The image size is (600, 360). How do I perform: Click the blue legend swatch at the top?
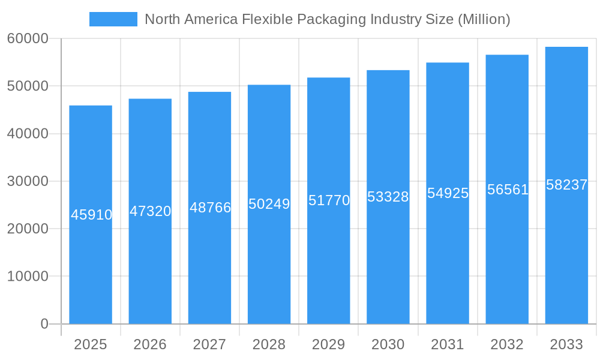[113, 19]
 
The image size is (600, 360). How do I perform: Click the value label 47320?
[150, 211]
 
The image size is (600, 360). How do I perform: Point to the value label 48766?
[210, 208]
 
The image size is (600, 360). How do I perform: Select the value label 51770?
[329, 200]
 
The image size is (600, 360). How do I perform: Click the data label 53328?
[388, 197]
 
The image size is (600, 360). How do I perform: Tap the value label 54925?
[448, 193]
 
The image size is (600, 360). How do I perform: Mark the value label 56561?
[508, 190]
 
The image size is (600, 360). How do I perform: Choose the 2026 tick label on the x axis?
[150, 344]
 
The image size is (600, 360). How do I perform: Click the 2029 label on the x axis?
[329, 344]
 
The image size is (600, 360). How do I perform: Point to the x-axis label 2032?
[507, 344]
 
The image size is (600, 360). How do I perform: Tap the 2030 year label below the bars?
[388, 344]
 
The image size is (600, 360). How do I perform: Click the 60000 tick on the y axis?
[28, 38]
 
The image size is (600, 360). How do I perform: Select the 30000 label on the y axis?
[28, 181]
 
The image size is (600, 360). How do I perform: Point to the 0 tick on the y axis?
[44, 324]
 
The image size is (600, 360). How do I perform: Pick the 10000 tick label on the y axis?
[28, 277]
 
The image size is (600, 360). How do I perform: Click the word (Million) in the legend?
[484, 19]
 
